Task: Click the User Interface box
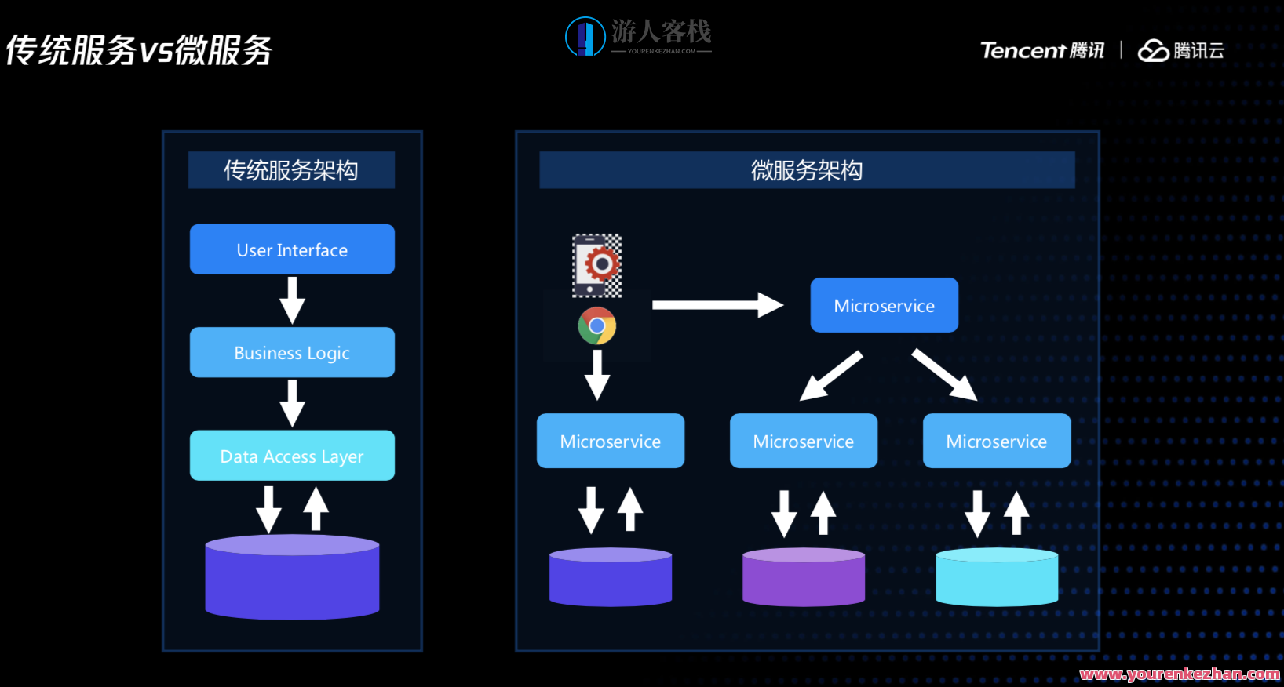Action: click(292, 249)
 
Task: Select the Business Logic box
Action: click(292, 353)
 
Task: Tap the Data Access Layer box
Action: click(292, 456)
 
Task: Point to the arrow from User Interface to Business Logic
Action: click(292, 300)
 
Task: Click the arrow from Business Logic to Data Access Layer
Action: click(292, 403)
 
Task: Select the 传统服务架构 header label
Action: click(291, 170)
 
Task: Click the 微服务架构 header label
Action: click(807, 170)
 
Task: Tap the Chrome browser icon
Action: click(597, 325)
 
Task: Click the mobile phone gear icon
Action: click(596, 265)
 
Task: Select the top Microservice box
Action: click(884, 305)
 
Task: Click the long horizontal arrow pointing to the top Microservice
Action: click(717, 305)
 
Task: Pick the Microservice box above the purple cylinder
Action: click(804, 441)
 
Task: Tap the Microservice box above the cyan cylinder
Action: click(997, 441)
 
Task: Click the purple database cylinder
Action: click(804, 578)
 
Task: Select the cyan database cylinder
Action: click(997, 578)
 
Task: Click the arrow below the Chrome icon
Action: click(597, 375)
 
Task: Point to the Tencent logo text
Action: click(1023, 51)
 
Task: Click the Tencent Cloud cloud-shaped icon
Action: click(1153, 51)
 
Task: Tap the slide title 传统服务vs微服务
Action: click(139, 51)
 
